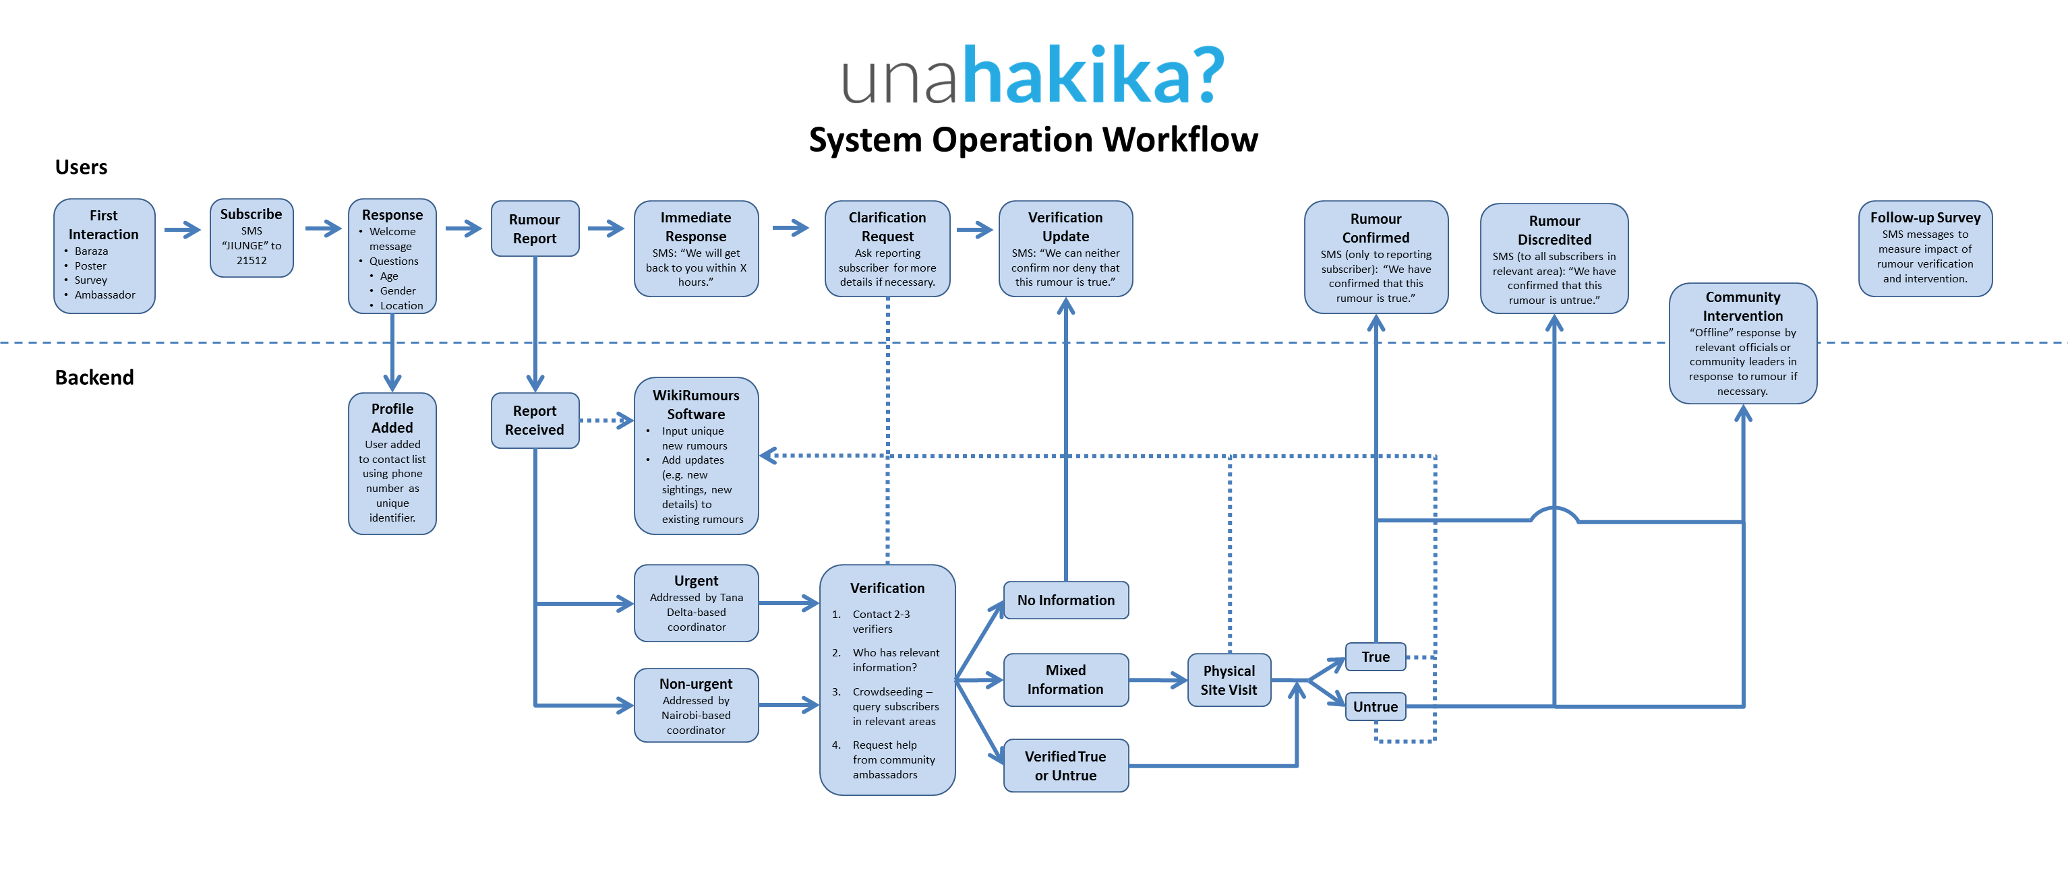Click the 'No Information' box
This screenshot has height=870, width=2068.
click(1065, 600)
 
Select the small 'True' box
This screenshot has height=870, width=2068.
click(1376, 656)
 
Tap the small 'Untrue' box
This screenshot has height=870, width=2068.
click(1376, 706)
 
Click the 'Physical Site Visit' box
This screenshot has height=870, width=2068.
click(1229, 680)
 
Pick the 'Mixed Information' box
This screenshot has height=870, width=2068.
click(1065, 680)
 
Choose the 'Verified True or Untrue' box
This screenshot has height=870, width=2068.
click(1065, 766)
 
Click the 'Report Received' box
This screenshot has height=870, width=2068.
click(535, 420)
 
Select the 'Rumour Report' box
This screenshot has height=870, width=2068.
click(535, 228)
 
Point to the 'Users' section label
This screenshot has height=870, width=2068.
click(81, 167)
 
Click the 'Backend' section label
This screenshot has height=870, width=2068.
click(94, 377)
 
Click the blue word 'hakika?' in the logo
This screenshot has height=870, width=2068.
click(1092, 75)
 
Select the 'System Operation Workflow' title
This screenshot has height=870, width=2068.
click(1033, 139)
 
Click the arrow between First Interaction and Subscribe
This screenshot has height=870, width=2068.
click(182, 230)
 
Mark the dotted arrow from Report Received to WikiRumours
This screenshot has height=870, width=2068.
click(606, 420)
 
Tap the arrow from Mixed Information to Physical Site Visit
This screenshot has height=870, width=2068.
click(1158, 681)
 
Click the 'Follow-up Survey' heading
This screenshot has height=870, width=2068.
click(1925, 218)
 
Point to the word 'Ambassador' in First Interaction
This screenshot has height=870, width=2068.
click(105, 294)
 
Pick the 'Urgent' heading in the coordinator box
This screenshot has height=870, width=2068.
click(696, 580)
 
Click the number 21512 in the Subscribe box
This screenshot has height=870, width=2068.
click(252, 260)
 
